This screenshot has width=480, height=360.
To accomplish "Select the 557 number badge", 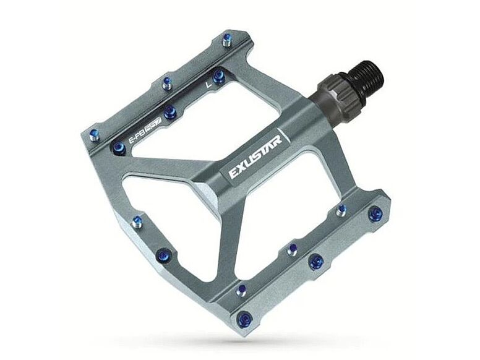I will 153,126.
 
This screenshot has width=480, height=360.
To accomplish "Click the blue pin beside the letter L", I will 218,76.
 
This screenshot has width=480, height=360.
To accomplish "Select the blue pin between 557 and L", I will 171,112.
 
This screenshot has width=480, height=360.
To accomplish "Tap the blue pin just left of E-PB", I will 119,148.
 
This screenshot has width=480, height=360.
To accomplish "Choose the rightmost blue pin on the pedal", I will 374,215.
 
